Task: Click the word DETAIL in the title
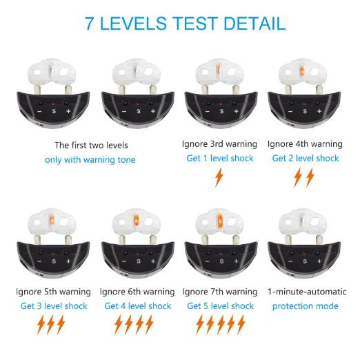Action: [x=254, y=23]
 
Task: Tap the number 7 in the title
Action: [x=90, y=23]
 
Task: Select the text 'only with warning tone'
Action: [x=90, y=160]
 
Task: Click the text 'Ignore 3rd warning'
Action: [x=219, y=144]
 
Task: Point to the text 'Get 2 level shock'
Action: [x=306, y=158]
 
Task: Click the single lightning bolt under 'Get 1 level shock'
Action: [x=219, y=177]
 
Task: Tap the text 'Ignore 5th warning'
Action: [x=53, y=292]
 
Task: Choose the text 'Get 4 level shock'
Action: [x=138, y=306]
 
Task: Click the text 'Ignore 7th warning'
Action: [x=220, y=292]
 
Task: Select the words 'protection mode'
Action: [x=306, y=306]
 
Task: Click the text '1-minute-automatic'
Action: [x=307, y=292]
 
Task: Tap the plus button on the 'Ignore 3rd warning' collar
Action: [x=236, y=111]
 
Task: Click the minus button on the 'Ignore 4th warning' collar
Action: [x=290, y=112]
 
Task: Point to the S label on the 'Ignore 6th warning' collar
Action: [x=139, y=261]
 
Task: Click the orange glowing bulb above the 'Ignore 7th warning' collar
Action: [x=220, y=221]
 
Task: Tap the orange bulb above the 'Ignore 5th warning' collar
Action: [x=52, y=220]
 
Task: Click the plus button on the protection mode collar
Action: [x=319, y=261]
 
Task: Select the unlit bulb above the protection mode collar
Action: [x=302, y=219]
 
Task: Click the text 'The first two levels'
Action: [x=91, y=146]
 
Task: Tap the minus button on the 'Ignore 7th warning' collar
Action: [x=208, y=261]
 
